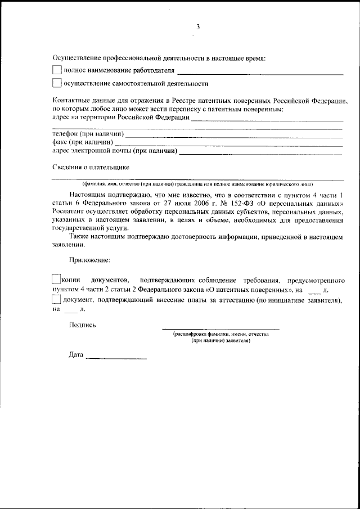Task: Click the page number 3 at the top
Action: (197, 26)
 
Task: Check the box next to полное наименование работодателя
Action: (56, 71)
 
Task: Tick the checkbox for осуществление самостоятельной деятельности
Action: (56, 84)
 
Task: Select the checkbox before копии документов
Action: (56, 280)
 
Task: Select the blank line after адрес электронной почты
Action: (261, 153)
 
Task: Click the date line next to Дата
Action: (116, 358)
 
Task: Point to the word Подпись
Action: (82, 325)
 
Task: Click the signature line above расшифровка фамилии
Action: (220, 328)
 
